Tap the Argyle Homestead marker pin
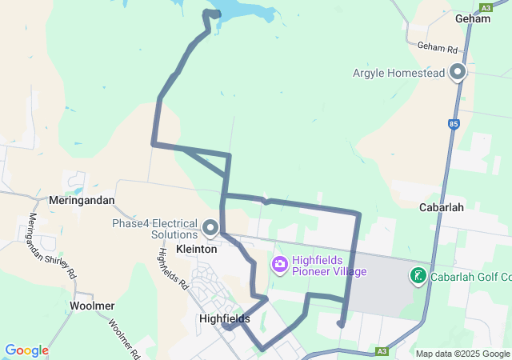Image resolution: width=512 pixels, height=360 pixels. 458,72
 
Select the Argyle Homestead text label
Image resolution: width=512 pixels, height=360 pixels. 397,73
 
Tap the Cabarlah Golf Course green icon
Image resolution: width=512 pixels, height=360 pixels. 418,277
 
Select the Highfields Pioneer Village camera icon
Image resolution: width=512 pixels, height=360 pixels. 280,263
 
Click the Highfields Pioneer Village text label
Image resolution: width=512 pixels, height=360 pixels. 329,266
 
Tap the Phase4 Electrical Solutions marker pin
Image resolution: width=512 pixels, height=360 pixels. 210,228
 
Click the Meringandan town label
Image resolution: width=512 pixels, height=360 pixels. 82,200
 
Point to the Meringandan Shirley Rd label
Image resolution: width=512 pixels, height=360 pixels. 52,245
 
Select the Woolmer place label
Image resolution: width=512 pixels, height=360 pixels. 92,306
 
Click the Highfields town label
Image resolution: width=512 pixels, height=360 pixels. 224,318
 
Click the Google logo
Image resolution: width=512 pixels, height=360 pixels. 27,350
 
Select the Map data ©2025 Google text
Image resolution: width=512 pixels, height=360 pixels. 462,354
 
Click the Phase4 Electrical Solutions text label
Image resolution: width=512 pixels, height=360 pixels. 154,229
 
